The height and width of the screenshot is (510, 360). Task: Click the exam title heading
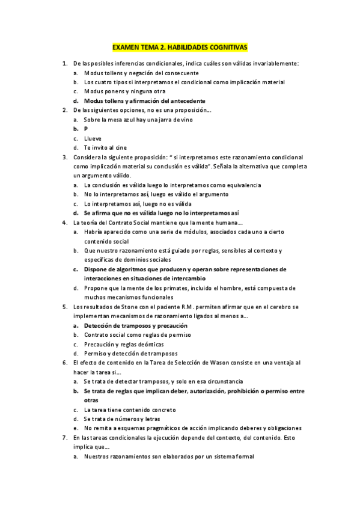[x=180, y=47]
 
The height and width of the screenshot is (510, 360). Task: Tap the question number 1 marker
[x=64, y=63]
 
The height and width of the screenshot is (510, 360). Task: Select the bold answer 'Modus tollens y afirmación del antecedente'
[x=144, y=100]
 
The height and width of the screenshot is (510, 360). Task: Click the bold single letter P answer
[x=86, y=129]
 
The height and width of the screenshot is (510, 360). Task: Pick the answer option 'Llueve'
[x=93, y=138]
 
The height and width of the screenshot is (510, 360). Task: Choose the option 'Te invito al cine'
[x=105, y=147]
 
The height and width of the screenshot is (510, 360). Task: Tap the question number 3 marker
[x=64, y=157]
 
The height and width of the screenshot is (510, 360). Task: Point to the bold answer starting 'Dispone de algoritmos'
[x=185, y=269]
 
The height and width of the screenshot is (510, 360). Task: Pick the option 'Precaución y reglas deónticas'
[x=128, y=344]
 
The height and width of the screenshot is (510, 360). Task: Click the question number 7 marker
[x=64, y=438]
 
